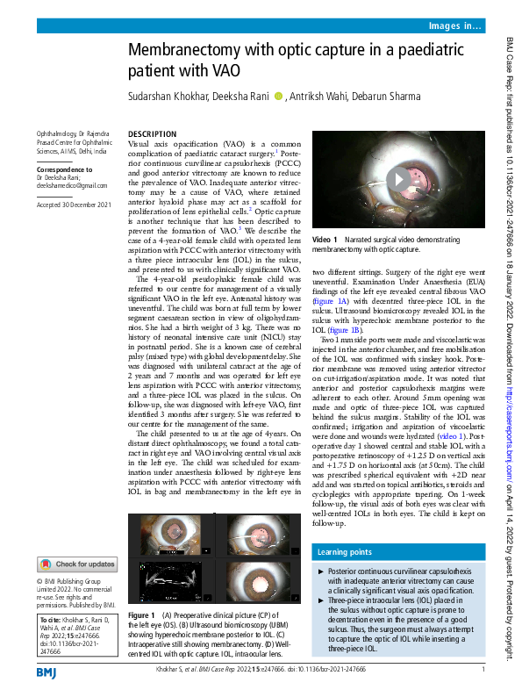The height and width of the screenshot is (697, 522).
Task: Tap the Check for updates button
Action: pos(76,564)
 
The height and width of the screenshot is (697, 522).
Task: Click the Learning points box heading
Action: pos(342,552)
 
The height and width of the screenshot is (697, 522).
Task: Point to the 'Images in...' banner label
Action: pos(454,28)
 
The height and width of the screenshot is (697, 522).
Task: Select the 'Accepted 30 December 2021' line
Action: pos(74,204)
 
